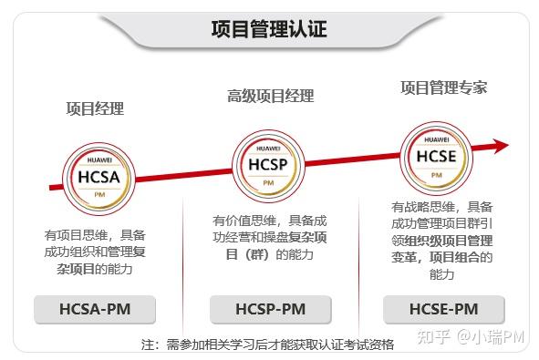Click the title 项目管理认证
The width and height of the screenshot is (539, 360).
268,29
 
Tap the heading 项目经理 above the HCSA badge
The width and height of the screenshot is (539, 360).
95,108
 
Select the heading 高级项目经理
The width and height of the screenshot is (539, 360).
270,96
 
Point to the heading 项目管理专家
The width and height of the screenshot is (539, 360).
443,88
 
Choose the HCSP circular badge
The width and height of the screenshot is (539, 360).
268,163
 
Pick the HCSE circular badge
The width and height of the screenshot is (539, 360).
436,154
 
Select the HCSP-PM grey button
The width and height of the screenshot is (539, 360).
269,309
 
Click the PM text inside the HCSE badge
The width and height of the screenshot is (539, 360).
436,175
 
